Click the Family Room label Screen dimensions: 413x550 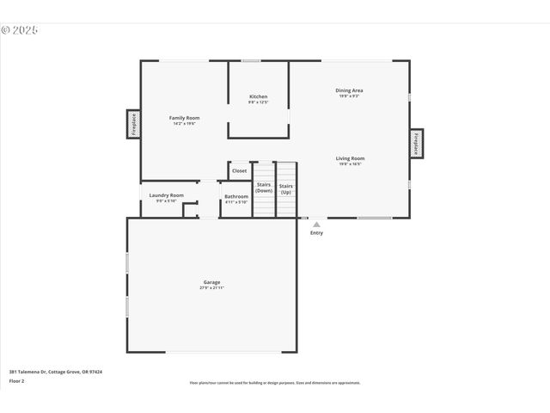tap(184, 117)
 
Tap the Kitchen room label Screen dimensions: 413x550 tap(258, 96)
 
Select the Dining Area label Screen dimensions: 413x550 tap(348, 90)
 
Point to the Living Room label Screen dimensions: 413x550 tap(350, 158)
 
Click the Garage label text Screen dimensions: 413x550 tap(211, 282)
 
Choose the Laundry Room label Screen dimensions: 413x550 tap(166, 195)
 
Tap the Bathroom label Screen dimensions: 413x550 tap(236, 197)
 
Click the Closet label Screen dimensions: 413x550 tap(239, 170)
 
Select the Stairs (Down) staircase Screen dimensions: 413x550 tap(264, 189)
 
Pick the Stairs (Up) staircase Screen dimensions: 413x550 tap(286, 189)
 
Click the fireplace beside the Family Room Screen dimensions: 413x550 tap(134, 124)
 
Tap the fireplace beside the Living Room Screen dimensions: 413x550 tap(416, 143)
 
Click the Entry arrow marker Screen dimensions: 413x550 tap(316, 224)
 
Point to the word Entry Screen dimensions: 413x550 tap(316, 232)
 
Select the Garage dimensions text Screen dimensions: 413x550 tap(211, 288)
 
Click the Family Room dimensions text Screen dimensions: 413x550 tap(184, 123)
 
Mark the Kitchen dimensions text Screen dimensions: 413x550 tap(258, 102)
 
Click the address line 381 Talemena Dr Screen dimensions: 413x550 tap(55, 372)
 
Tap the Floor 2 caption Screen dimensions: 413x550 tap(17, 380)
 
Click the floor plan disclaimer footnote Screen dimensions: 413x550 tap(275, 383)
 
